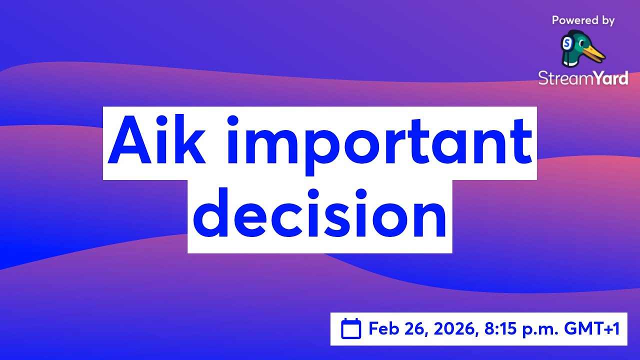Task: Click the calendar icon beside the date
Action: click(351, 329)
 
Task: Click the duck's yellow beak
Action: click(595, 52)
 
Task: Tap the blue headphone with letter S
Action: click(567, 44)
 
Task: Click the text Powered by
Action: click(583, 20)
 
